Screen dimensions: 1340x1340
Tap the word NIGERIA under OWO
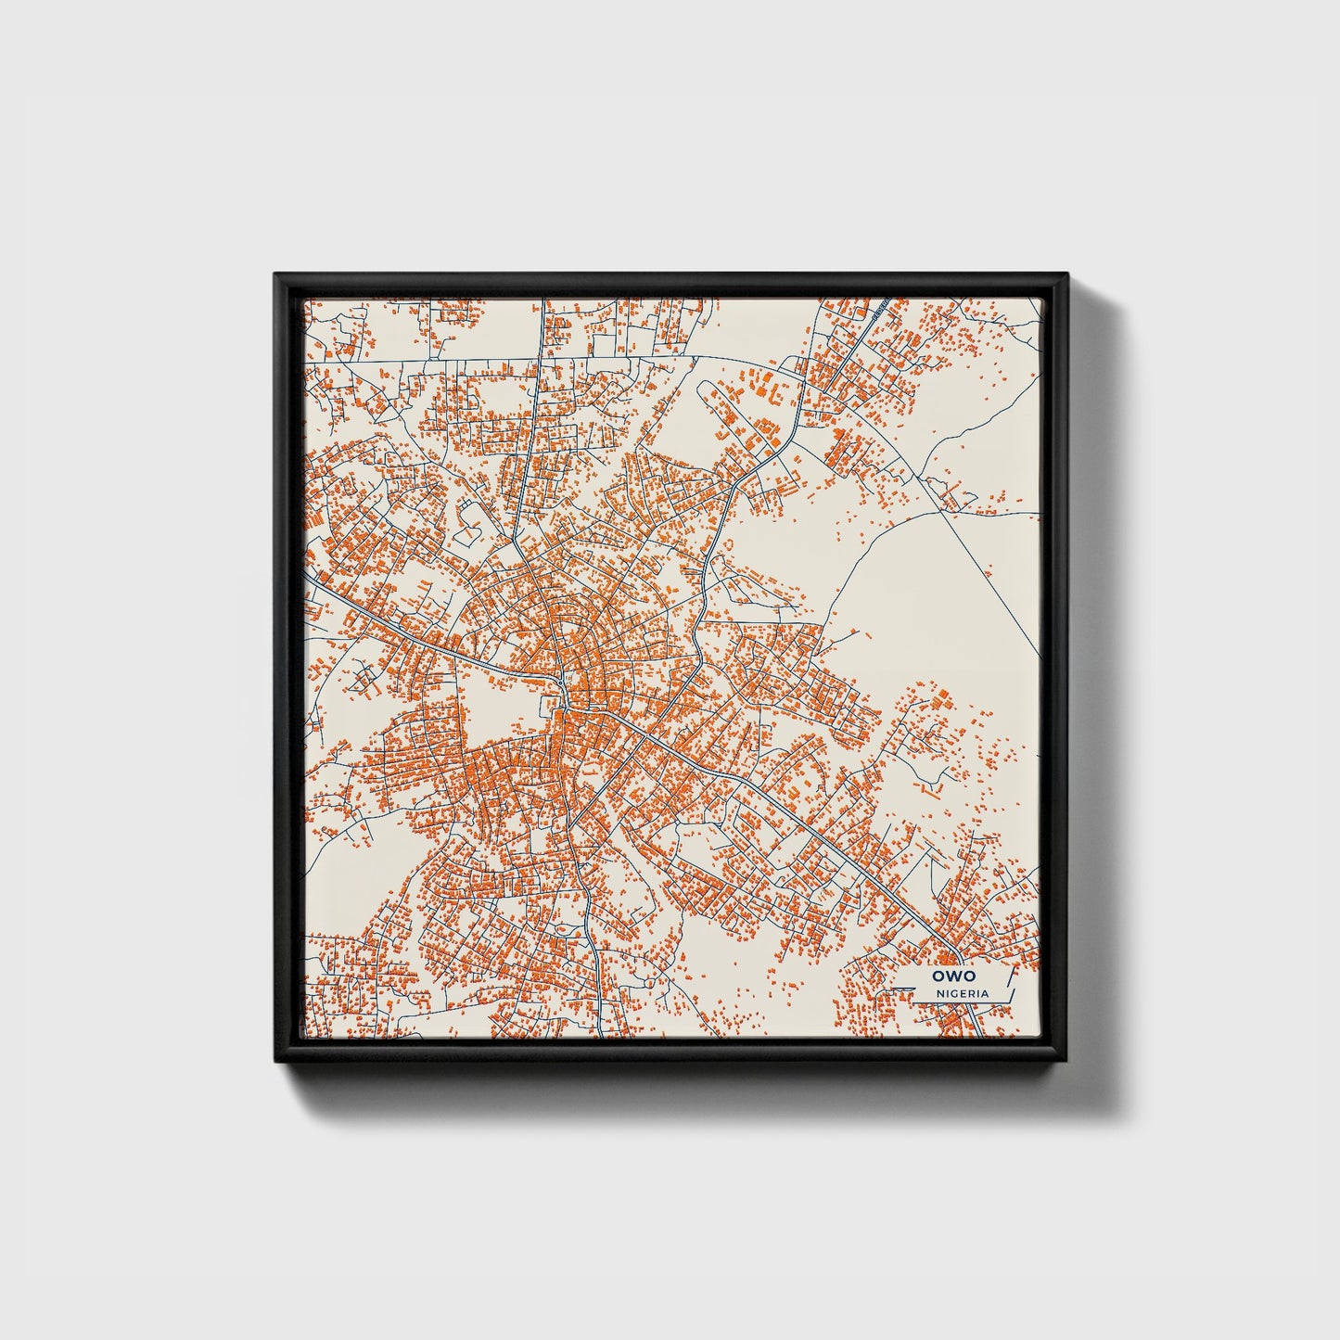click(x=962, y=993)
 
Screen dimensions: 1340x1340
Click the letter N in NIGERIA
click(x=939, y=993)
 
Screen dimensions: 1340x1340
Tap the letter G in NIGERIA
click(x=953, y=993)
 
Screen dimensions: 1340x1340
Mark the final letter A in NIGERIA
click(x=984, y=993)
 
